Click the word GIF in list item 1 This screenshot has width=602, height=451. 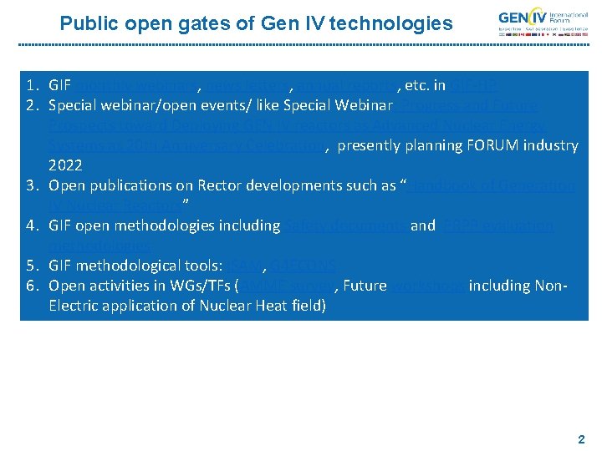click(x=60, y=85)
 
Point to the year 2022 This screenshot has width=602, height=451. click(x=65, y=165)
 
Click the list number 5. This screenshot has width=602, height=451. click(x=31, y=266)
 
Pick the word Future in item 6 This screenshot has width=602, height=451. click(x=365, y=286)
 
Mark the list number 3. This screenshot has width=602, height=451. click(x=31, y=185)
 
